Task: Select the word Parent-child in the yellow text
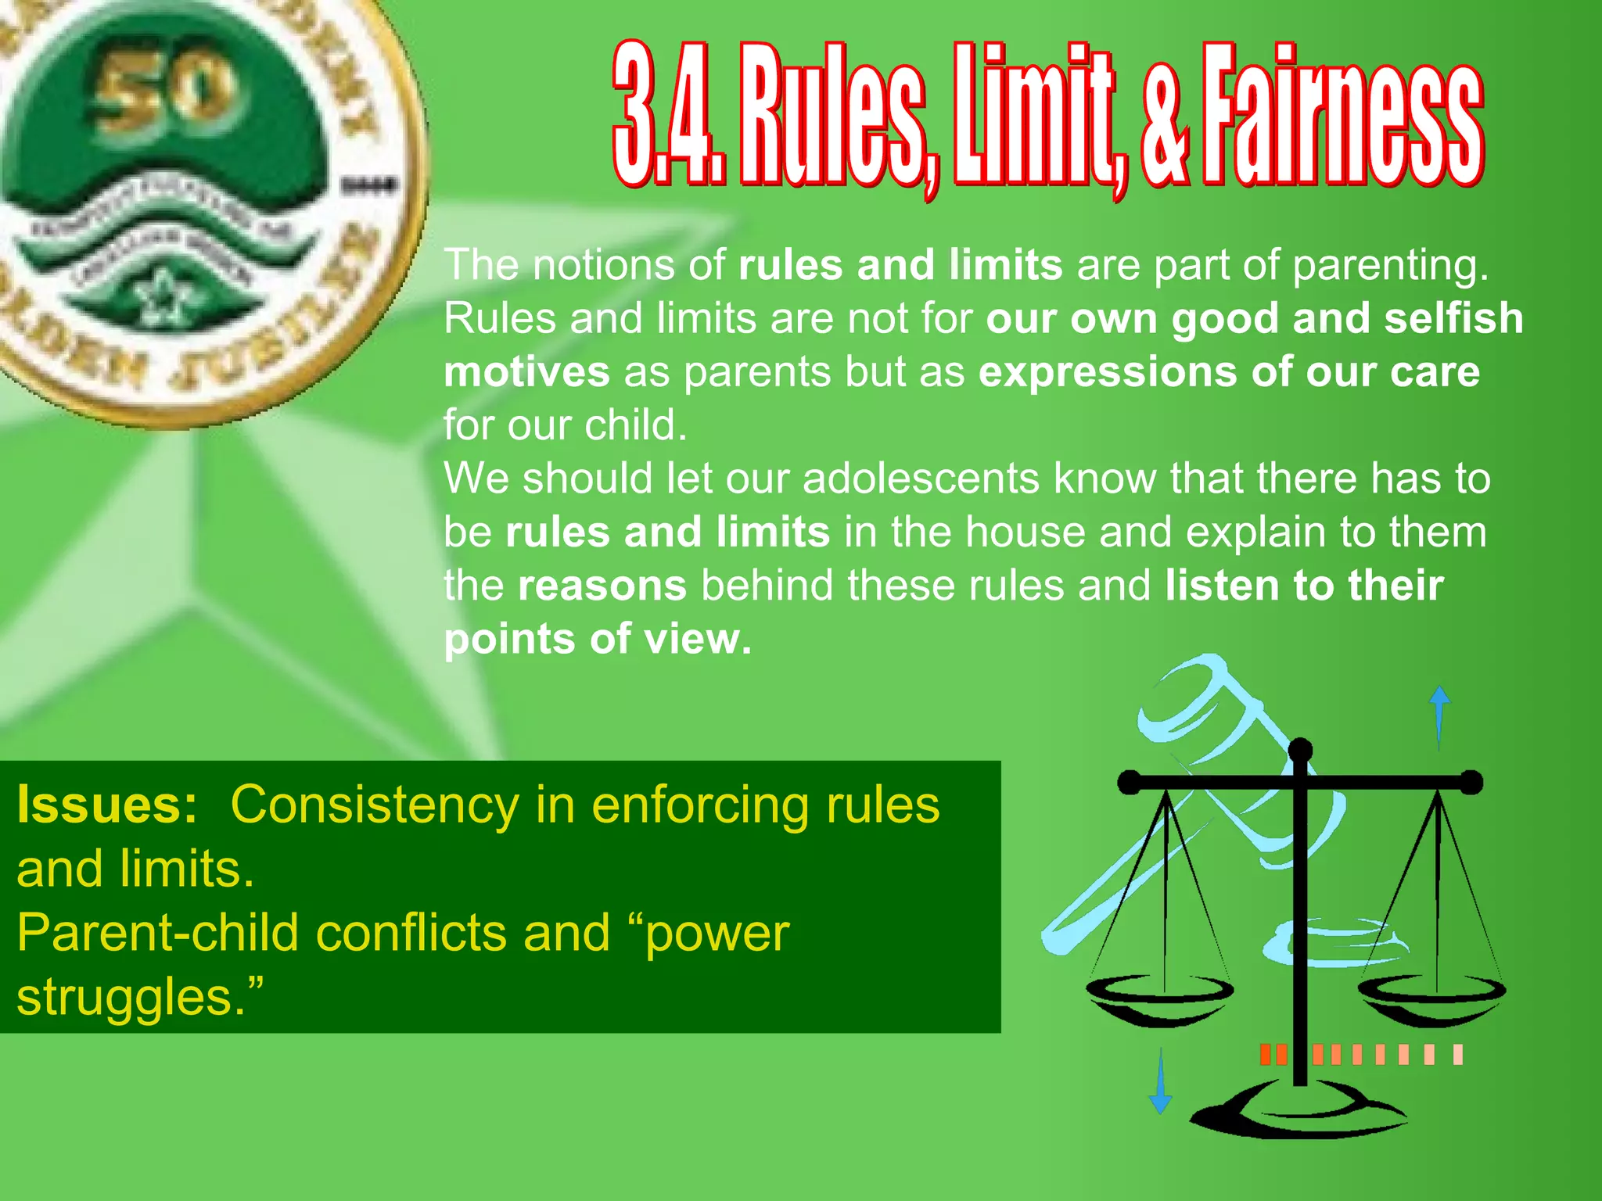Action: coord(157,933)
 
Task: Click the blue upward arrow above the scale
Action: coord(1439,715)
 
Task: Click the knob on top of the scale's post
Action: coord(1300,751)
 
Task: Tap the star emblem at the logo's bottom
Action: coord(164,297)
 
